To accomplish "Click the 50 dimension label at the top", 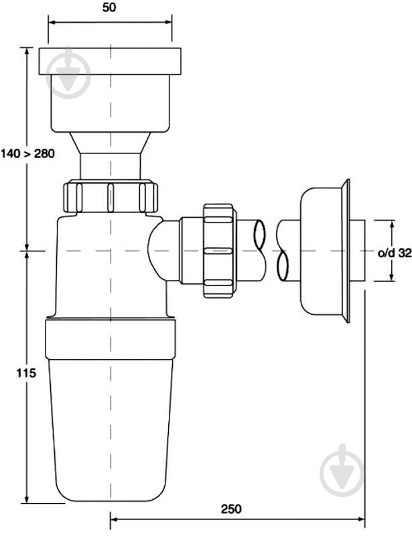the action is (x=109, y=7).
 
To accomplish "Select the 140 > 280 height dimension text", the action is (x=27, y=153).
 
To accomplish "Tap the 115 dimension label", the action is (x=26, y=373).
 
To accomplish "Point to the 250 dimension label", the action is (x=231, y=509).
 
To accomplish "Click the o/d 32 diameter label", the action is (x=395, y=253).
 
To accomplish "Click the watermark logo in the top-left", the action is (x=68, y=73).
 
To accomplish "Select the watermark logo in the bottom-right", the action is (x=342, y=470).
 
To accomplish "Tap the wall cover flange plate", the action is (x=346, y=251).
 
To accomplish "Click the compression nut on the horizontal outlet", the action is (x=219, y=251).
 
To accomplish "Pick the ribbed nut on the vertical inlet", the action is (x=111, y=197).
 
